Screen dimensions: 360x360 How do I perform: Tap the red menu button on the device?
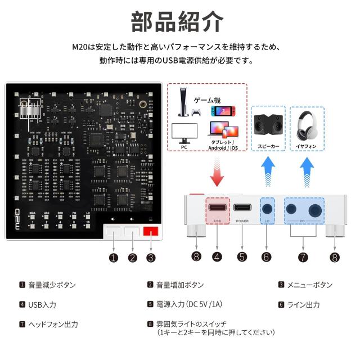pos(150,231)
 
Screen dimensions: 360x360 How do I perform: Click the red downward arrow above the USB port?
pos(217,171)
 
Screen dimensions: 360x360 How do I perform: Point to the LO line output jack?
pos(267,208)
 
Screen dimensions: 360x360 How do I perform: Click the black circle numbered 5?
pos(242,258)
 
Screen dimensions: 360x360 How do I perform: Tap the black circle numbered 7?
pos(303,258)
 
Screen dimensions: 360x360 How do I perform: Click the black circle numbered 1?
pos(114,258)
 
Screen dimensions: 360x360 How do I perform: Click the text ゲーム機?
pos(206,100)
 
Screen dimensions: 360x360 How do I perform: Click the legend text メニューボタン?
pos(309,285)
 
